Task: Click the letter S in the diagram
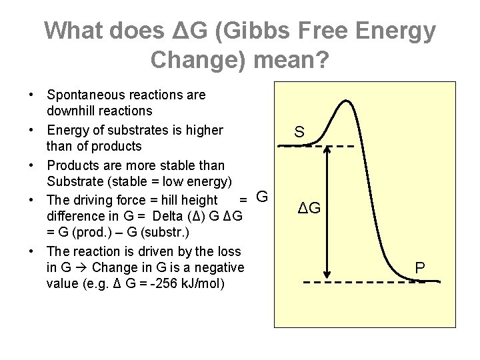coord(300,133)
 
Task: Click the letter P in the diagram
coord(420,268)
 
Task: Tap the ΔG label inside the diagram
coord(308,208)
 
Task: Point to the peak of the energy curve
coord(345,102)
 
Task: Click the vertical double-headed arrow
coord(327,213)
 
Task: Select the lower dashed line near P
coord(360,282)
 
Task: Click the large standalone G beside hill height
coord(262,197)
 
